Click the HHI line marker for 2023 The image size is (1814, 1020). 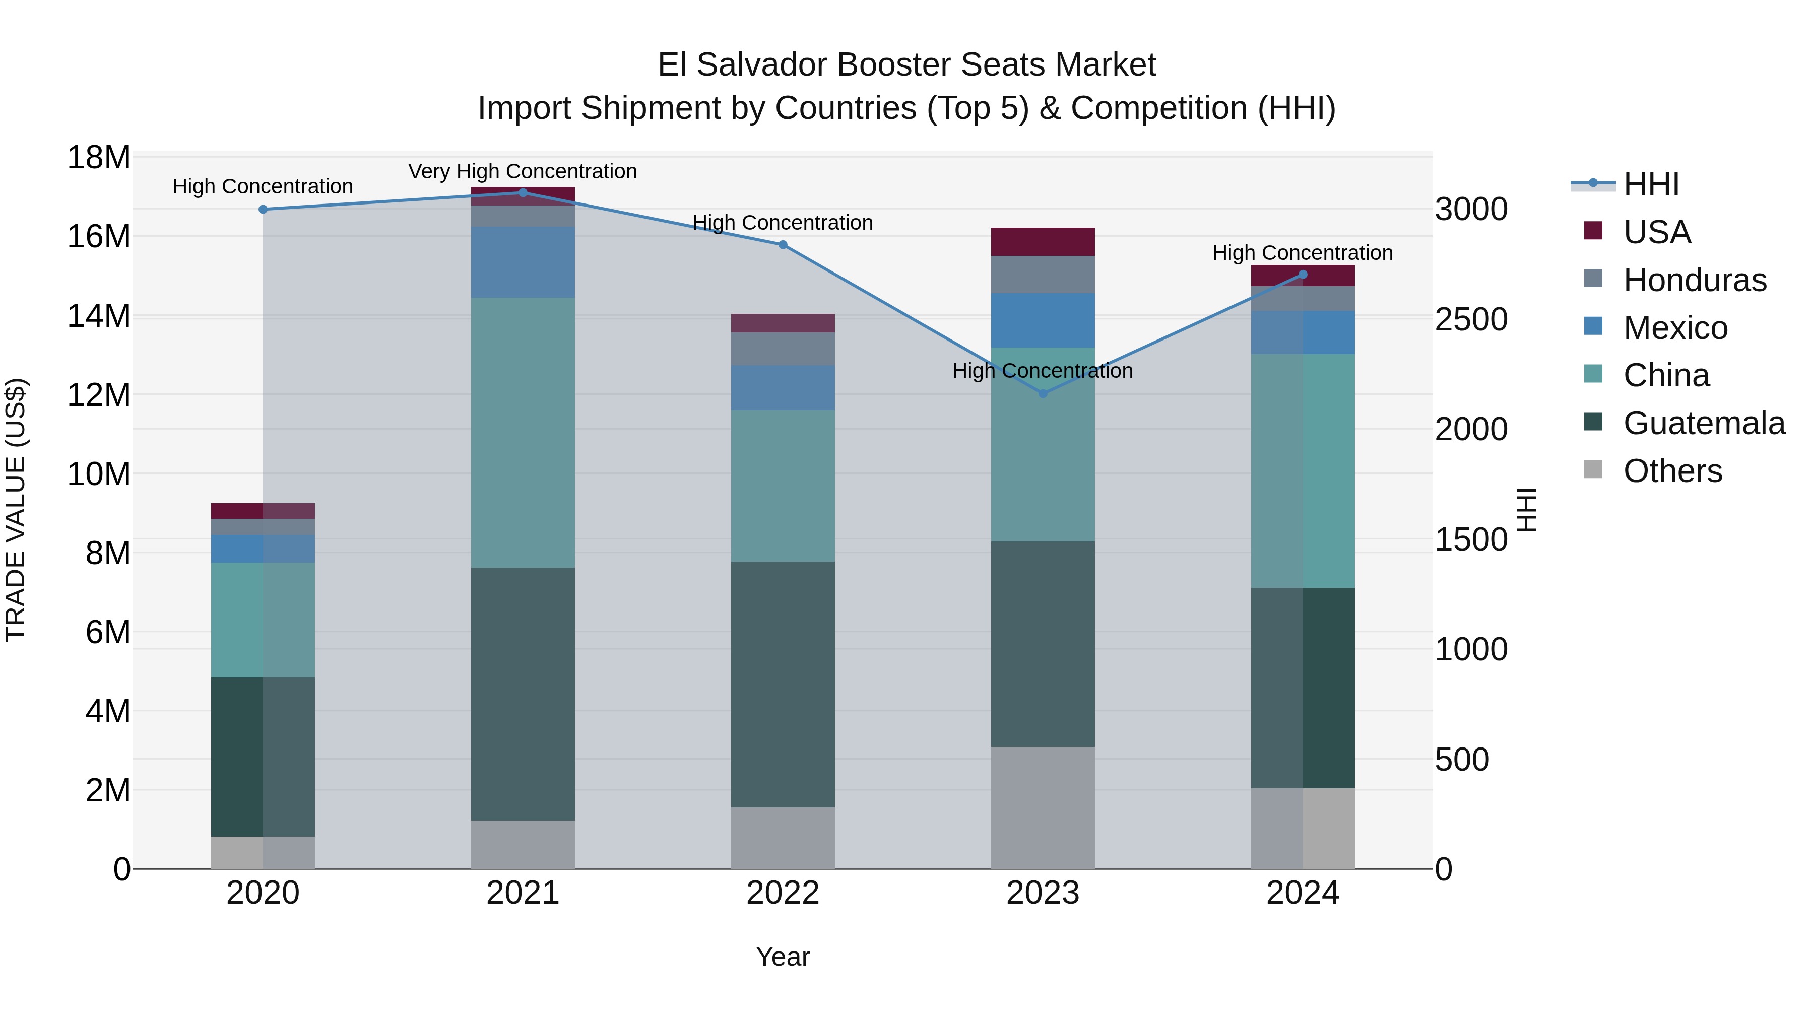(x=1043, y=393)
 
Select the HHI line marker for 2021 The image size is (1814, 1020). (x=523, y=192)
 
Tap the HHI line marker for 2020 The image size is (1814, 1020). (x=263, y=209)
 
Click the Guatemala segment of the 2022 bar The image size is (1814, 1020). (x=783, y=684)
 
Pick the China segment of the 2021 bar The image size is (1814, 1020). (x=523, y=432)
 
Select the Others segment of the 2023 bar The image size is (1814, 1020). (x=1043, y=807)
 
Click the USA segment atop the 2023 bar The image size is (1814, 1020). (x=1043, y=241)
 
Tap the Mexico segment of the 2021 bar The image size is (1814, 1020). (x=523, y=262)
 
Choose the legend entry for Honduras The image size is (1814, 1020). (x=1694, y=280)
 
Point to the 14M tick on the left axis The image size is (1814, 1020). (x=99, y=316)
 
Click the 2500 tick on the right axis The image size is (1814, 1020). (x=1471, y=319)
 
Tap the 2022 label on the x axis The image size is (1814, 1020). (x=783, y=893)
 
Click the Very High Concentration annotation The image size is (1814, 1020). (x=523, y=171)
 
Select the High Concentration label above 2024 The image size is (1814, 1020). (x=1302, y=253)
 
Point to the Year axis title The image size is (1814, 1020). (x=783, y=957)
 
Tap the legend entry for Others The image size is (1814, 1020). (x=1672, y=471)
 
